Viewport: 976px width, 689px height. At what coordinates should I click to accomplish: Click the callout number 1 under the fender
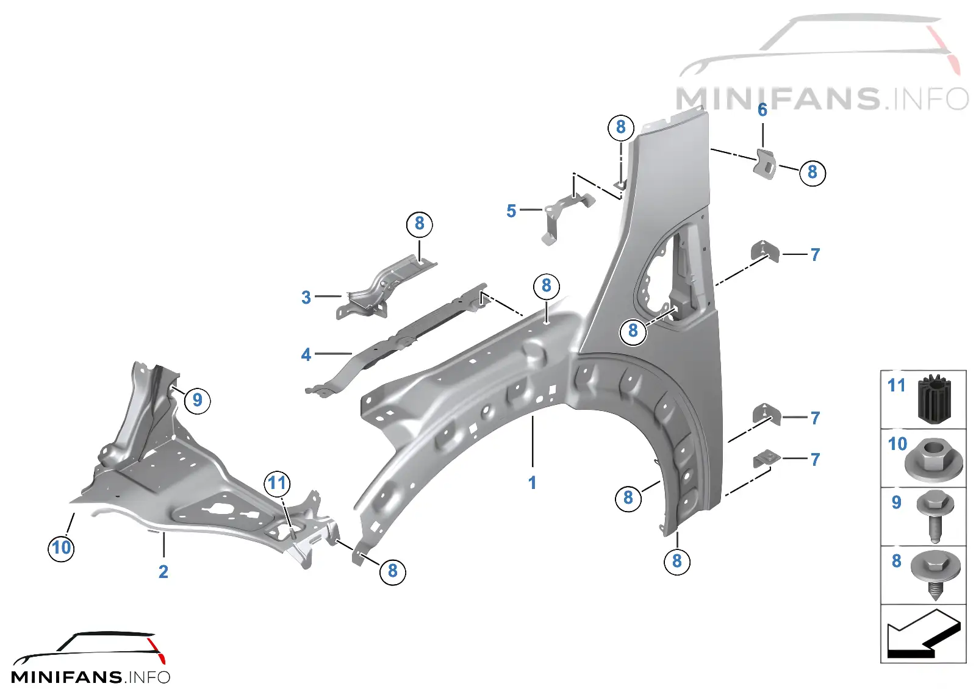pyautogui.click(x=532, y=482)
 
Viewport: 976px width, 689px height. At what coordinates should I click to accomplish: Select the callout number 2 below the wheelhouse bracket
pyautogui.click(x=163, y=571)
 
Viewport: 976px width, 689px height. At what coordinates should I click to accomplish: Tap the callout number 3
pyautogui.click(x=306, y=298)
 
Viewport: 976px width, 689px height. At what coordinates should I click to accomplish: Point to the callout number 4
pyautogui.click(x=306, y=354)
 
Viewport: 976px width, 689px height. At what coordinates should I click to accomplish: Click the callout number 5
pyautogui.click(x=512, y=211)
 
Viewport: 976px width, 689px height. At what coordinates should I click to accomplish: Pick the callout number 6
pyautogui.click(x=762, y=110)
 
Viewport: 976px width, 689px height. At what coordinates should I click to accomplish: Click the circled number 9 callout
pyautogui.click(x=198, y=400)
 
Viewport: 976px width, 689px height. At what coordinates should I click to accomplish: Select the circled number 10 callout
pyautogui.click(x=61, y=548)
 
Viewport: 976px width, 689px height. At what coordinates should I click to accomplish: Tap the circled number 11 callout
pyautogui.click(x=278, y=484)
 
